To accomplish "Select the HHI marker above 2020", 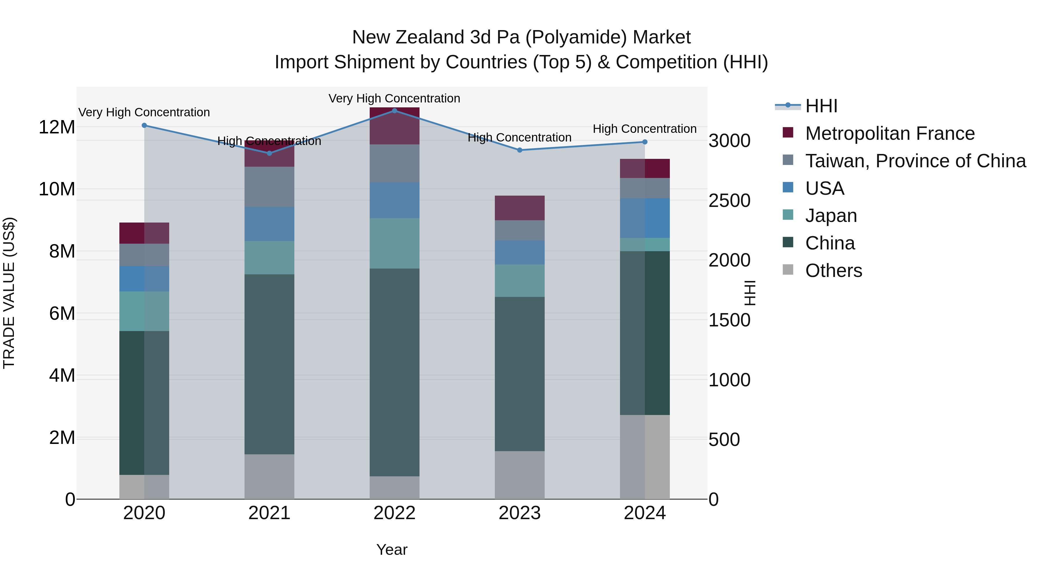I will [144, 125].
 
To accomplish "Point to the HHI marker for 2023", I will [519, 150].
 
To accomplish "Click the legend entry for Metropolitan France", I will [889, 133].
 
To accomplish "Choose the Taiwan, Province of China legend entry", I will [915, 161].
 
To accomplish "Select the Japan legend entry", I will [831, 216].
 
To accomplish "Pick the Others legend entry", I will [833, 271].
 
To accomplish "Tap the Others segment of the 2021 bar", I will [269, 476].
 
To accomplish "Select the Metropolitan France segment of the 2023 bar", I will [519, 208].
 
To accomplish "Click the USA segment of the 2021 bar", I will [269, 224].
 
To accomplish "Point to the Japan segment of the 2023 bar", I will [519, 281].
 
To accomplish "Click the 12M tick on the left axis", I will [57, 127].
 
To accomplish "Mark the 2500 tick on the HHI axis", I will [729, 201].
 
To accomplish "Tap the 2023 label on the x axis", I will [519, 513].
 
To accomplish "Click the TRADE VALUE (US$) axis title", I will [9, 293].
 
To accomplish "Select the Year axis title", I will [391, 550].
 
